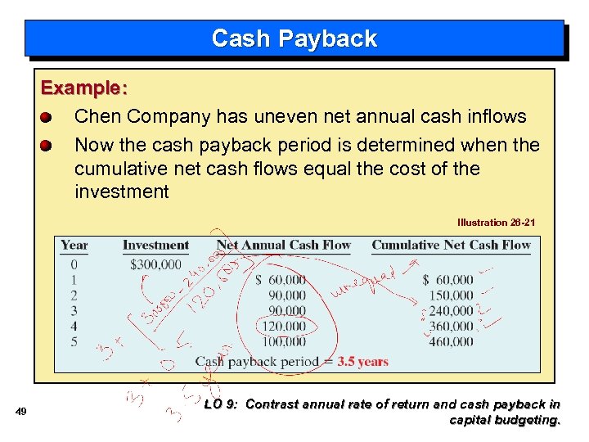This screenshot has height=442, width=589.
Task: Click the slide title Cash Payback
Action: pos(294,38)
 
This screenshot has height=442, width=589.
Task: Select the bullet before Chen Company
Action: pos(47,117)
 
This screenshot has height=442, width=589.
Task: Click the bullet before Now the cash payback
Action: pos(47,146)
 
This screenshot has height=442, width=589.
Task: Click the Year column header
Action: pos(74,245)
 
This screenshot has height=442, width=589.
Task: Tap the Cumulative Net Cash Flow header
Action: pos(451,245)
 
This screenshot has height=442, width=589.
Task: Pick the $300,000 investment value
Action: pos(155,264)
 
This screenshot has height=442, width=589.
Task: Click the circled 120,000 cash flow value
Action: pos(281,326)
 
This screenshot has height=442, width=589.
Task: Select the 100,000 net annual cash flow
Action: pos(281,341)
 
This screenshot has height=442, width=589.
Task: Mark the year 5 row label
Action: pos(74,341)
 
